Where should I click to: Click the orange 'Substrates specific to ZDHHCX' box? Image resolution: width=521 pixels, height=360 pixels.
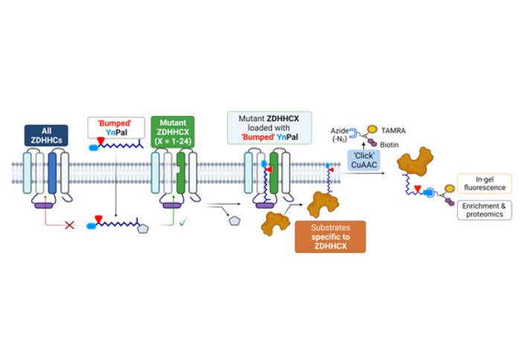(330, 236)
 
